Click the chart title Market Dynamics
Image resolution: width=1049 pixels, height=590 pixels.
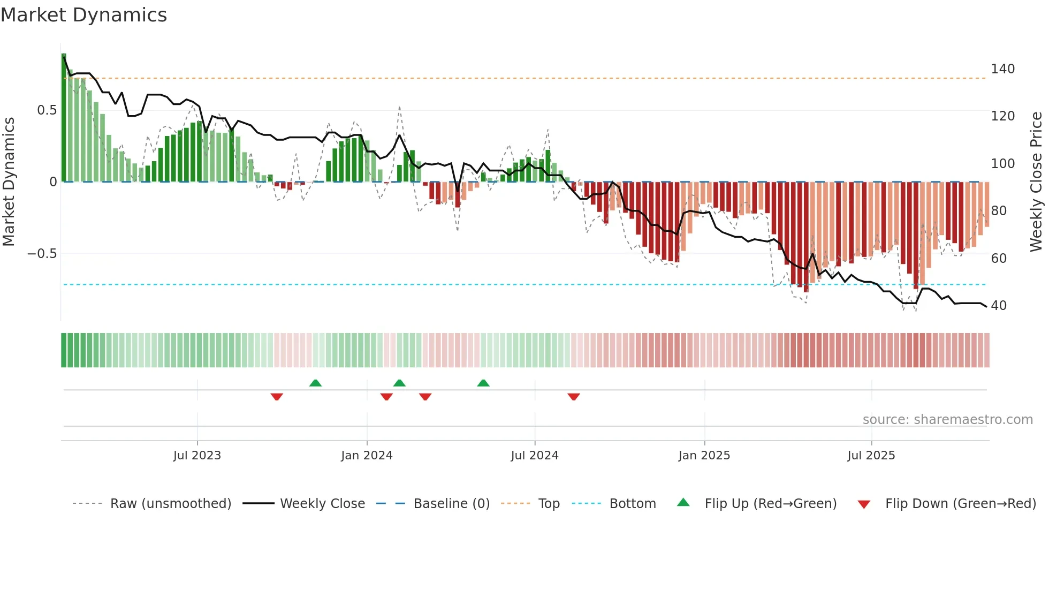[84, 15]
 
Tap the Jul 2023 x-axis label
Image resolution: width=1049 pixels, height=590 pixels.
[197, 456]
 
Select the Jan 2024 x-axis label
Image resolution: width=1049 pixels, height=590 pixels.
[367, 456]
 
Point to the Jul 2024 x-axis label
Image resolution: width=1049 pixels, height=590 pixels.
[535, 456]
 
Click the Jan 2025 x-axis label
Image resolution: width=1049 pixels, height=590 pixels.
[704, 456]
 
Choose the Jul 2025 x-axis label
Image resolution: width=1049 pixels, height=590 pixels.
[871, 456]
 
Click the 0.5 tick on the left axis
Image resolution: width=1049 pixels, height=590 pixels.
[47, 110]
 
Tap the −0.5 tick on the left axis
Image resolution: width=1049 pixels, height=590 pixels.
[42, 254]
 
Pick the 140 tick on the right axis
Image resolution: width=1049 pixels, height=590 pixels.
[1002, 69]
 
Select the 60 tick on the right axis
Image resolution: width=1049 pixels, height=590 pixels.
[999, 259]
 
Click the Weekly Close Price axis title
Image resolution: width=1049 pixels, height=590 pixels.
[1037, 182]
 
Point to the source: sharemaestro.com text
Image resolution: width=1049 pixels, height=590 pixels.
[947, 420]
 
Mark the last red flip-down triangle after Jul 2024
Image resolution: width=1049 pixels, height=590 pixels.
[574, 397]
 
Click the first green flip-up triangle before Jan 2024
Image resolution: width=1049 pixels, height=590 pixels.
[315, 383]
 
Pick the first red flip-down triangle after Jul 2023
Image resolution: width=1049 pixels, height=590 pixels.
[277, 397]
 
